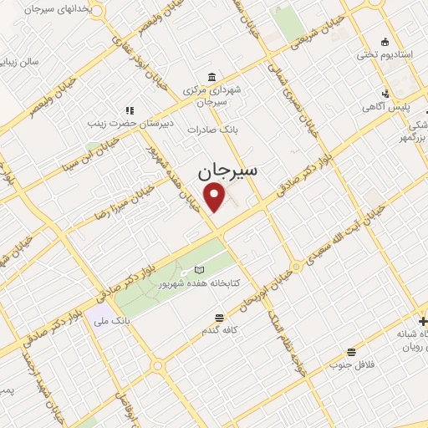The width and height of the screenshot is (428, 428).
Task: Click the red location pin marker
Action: pyautogui.click(x=216, y=198)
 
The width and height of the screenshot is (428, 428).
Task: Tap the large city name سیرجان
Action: pyautogui.click(x=228, y=171)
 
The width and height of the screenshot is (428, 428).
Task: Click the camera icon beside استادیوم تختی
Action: pyautogui.click(x=385, y=43)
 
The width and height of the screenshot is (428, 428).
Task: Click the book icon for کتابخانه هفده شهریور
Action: pyautogui.click(x=198, y=270)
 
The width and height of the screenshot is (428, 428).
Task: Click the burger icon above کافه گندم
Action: pyautogui.click(x=219, y=318)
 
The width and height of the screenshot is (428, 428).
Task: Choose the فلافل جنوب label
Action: pyautogui.click(x=352, y=364)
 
